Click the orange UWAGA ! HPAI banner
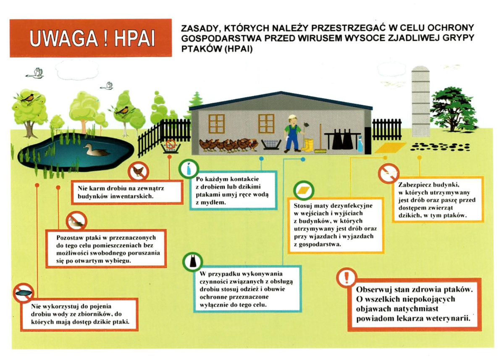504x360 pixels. tap(91, 38)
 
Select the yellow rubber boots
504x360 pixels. tap(307, 145)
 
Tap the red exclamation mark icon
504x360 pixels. tap(346, 278)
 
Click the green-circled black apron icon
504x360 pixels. tap(193, 261)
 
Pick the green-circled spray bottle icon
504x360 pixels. tap(189, 168)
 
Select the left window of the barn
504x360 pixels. tap(217, 122)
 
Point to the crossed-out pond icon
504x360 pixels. tap(23, 293)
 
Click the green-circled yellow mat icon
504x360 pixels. tap(304, 191)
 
